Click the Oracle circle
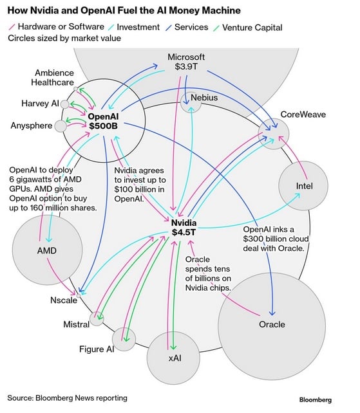pos(271,324)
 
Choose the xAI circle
pos(174,356)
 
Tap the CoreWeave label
pos(303,115)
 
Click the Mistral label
pos(76,324)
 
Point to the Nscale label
pos(64,300)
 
